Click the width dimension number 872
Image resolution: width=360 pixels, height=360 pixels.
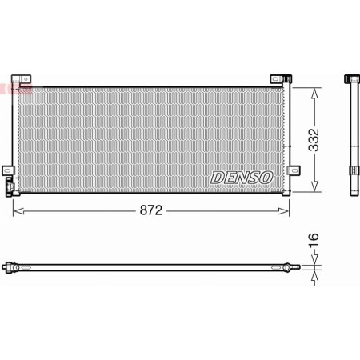point(152,210)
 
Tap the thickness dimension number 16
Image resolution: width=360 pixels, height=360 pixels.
point(314,240)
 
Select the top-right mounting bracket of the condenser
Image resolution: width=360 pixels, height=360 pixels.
point(279,79)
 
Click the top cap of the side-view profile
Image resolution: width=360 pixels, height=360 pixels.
point(353,78)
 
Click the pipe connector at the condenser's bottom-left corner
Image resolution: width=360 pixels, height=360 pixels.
point(11,190)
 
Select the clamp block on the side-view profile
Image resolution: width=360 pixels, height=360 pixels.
point(353,170)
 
